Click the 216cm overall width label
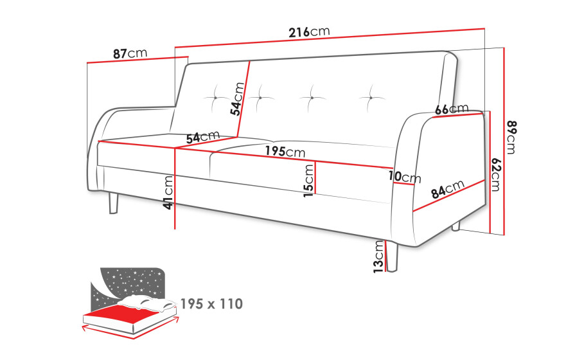point(309,32)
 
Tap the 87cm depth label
point(130,53)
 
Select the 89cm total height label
point(511,137)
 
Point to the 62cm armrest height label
point(496,174)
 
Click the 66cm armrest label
point(452,109)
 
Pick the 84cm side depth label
point(448,189)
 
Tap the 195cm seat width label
point(285,151)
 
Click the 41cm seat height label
point(168,192)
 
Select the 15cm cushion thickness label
point(309,181)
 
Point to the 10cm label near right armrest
point(405,177)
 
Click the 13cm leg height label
point(378,256)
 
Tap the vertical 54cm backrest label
point(237,99)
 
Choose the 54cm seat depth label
point(203,137)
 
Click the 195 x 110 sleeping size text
point(211,304)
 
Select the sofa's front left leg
point(113,203)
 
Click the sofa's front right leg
point(392,256)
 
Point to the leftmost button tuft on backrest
point(216,98)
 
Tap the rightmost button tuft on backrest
point(372,98)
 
